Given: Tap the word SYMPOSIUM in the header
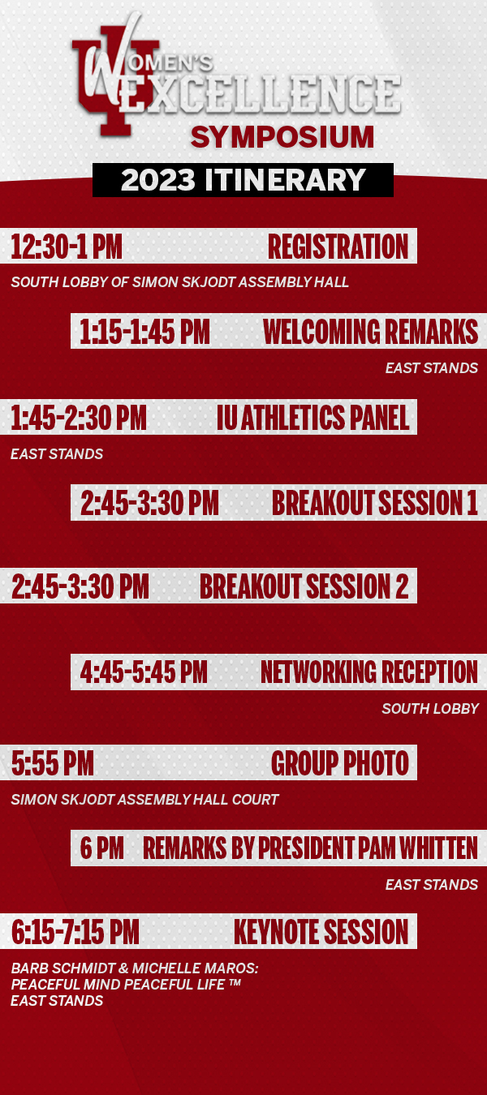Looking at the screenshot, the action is click(x=282, y=137).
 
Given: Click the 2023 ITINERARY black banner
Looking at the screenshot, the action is click(x=243, y=180).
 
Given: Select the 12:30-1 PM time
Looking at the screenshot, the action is click(x=67, y=247).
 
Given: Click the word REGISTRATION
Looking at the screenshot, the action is click(x=338, y=247).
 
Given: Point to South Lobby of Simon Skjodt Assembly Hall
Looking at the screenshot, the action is click(x=179, y=282).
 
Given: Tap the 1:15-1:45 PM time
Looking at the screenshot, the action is click(x=144, y=332).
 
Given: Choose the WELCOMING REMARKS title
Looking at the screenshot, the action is click(x=370, y=332).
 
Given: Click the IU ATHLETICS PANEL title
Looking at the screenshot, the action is click(x=313, y=418).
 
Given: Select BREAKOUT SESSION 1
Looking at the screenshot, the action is click(x=374, y=503).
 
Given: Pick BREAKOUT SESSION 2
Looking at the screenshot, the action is click(x=304, y=586).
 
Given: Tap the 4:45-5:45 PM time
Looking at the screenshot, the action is click(x=144, y=672).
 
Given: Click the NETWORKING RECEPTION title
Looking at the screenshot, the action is click(x=369, y=672).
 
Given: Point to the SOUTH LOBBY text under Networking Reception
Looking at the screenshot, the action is click(x=430, y=708).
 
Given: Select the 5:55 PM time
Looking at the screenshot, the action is click(x=52, y=763).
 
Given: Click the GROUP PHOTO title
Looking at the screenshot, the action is click(x=340, y=763).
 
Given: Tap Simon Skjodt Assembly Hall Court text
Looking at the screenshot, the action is click(x=144, y=799).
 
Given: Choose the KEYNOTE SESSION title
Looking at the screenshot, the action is click(x=321, y=932).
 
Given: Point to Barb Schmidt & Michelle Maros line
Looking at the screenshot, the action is click(x=135, y=968).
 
